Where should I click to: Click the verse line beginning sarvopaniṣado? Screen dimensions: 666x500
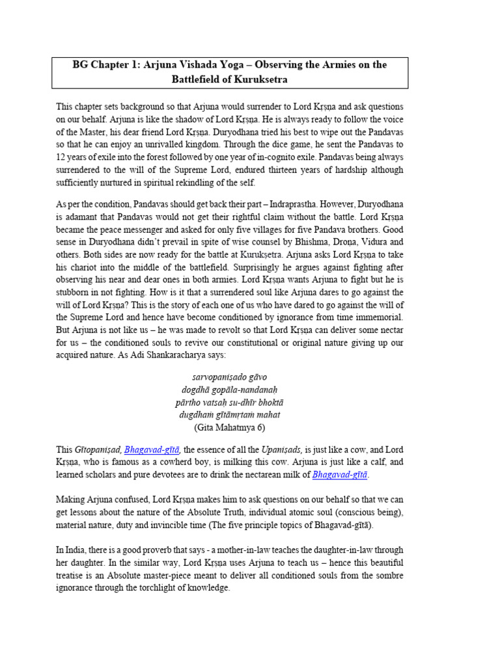point(229,378)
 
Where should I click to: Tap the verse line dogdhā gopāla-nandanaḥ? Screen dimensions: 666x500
point(229,390)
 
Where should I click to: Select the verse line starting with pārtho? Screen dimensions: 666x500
point(229,403)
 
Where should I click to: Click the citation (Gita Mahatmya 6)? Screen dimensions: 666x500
point(229,427)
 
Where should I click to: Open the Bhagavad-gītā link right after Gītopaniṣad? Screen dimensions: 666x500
point(152,450)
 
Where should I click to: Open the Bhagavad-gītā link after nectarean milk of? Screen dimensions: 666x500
point(340,475)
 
